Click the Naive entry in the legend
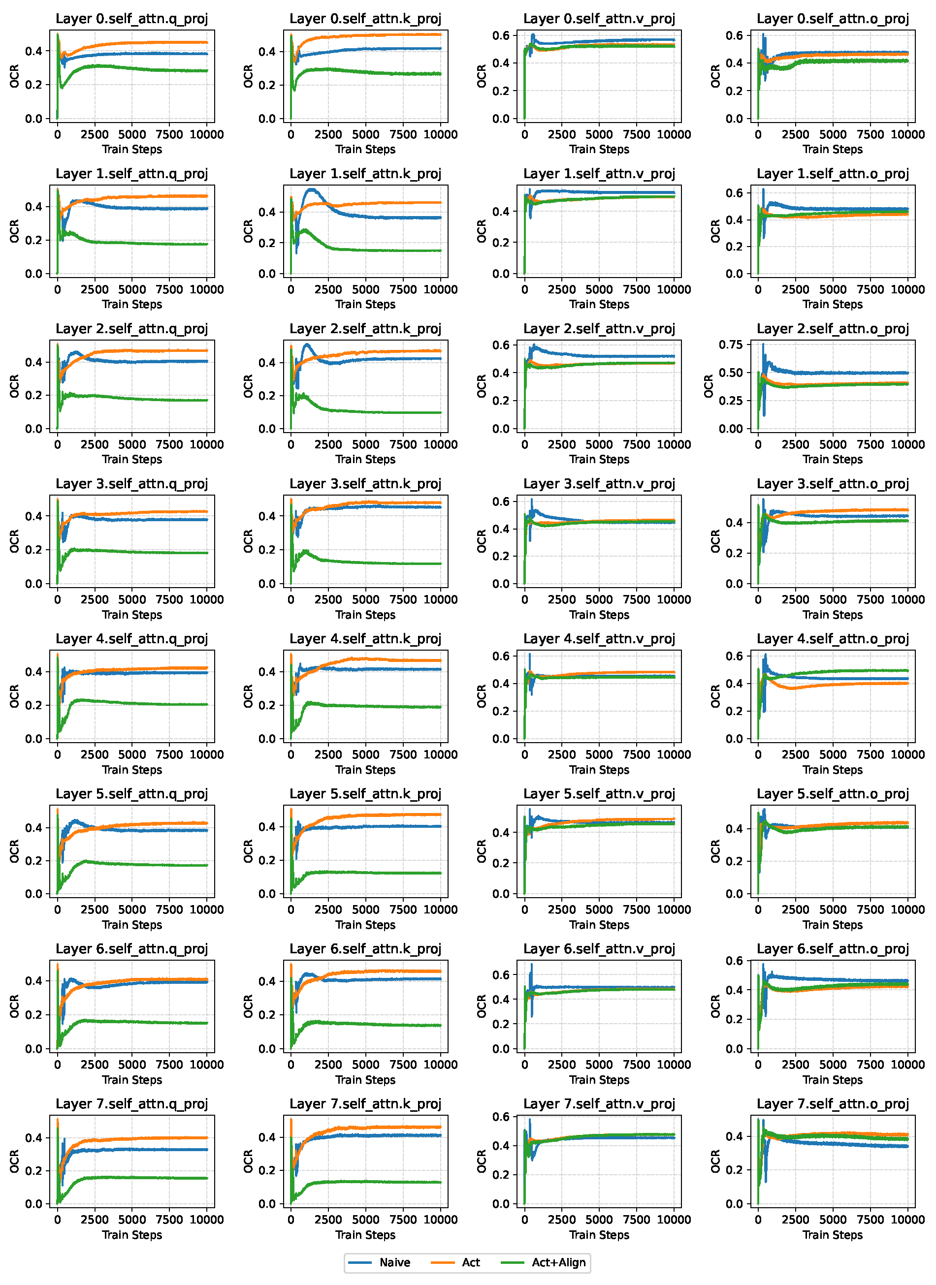point(394,1262)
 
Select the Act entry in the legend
point(470,1262)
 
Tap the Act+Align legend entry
point(558,1262)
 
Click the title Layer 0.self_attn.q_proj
point(131,19)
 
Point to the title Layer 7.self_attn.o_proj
point(832,1104)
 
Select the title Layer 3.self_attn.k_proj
point(365,484)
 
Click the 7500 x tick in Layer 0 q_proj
point(169,135)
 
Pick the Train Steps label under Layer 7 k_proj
point(365,1235)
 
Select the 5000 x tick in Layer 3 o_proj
point(832,599)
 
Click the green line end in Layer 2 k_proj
point(440,412)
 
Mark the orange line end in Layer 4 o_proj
point(907,683)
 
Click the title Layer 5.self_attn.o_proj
point(832,794)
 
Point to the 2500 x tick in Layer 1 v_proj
point(561,289)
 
